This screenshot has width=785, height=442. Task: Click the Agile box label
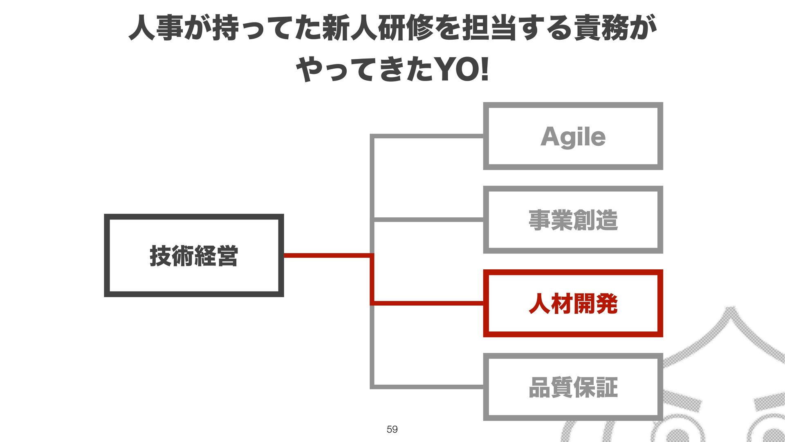coord(573,137)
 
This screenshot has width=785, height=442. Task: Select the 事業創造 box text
coord(573,220)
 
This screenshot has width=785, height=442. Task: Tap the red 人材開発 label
coord(573,304)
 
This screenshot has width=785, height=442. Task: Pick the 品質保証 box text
coord(573,387)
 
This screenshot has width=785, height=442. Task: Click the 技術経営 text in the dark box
coord(194,256)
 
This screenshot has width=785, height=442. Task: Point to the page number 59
coord(392,429)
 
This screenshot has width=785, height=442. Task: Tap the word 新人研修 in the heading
coord(377,28)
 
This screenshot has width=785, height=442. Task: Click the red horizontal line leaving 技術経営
coord(327,256)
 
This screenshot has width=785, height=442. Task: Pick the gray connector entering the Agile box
coord(427,136)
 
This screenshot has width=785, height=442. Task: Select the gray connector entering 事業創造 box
coord(427,220)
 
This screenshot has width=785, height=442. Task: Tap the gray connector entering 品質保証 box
coord(427,387)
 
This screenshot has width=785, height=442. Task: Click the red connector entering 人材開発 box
coord(427,303)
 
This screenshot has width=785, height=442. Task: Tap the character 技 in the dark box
coord(160,256)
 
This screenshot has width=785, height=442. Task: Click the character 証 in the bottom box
coord(607,387)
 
